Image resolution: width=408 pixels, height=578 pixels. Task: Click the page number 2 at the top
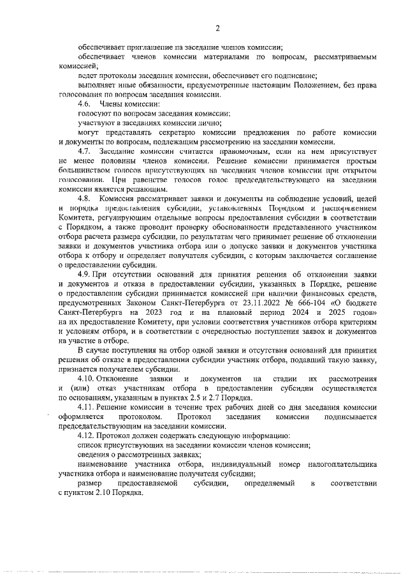click(x=217, y=27)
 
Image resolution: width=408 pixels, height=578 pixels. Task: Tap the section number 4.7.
click(x=84, y=151)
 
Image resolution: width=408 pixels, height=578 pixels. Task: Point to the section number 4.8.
click(x=84, y=200)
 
